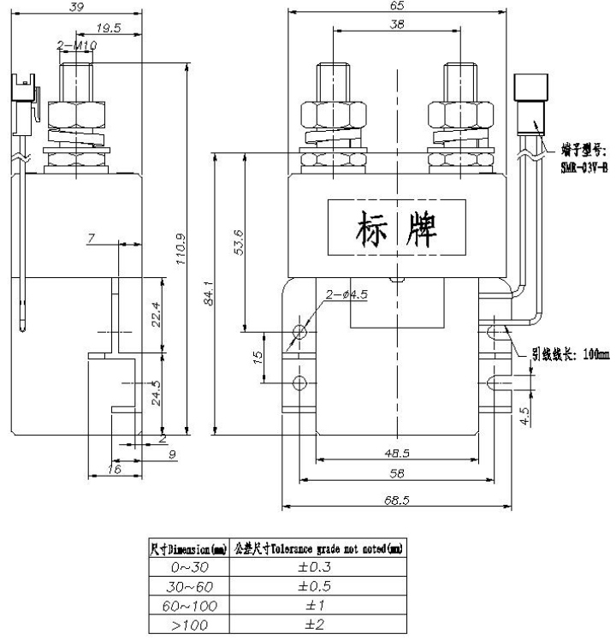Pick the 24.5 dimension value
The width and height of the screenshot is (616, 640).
pos(154,393)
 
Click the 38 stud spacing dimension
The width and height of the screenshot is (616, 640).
pos(397,27)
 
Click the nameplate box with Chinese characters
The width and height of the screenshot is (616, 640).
pos(397,227)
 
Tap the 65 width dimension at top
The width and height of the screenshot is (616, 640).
pos(397,6)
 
